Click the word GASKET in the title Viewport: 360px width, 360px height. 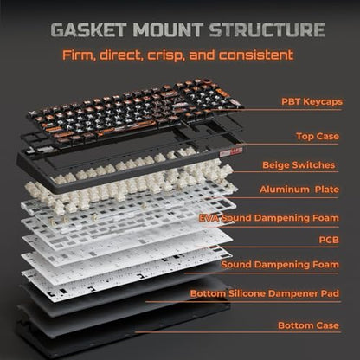[88, 29]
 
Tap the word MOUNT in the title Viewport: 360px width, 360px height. [168, 29]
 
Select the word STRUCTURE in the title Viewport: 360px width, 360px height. [267, 29]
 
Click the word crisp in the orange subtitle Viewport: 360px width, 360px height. [166, 55]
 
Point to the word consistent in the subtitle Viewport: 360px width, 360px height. [256, 55]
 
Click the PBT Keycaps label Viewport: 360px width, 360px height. [312, 101]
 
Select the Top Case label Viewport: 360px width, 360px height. [318, 136]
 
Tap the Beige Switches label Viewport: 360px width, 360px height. [299, 165]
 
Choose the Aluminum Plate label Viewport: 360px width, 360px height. [299, 190]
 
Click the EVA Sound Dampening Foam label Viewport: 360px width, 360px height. [269, 218]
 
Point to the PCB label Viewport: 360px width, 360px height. [329, 240]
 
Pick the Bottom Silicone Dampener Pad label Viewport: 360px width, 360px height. [265, 293]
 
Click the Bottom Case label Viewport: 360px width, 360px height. [308, 325]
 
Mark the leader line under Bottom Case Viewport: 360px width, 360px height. [238, 332]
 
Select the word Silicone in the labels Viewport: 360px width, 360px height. [247, 293]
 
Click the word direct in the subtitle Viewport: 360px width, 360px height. [121, 55]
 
